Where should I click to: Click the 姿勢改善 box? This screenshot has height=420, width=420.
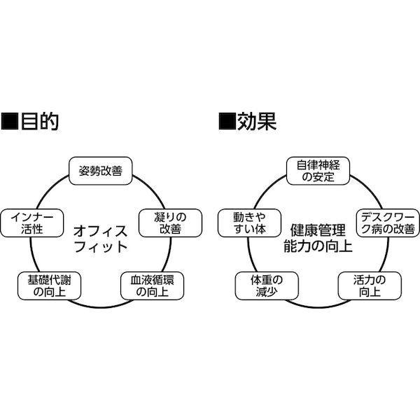[x=100, y=171]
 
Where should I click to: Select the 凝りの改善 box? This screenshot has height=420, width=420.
[x=170, y=223]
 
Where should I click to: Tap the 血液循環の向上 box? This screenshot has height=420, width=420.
[x=152, y=286]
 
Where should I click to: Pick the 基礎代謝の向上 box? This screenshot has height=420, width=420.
[x=49, y=286]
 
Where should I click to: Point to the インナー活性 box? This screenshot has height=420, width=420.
[x=32, y=223]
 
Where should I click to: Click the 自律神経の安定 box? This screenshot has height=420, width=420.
[x=318, y=171]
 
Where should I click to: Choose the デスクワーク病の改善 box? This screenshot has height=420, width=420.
[x=388, y=223]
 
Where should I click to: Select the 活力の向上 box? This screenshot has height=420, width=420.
[x=370, y=286]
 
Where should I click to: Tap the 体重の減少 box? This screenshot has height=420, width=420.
[x=267, y=286]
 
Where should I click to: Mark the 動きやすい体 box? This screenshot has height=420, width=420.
[x=250, y=223]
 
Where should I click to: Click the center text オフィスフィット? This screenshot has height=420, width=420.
[x=100, y=239]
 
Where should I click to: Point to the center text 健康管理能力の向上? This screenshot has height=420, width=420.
[x=318, y=239]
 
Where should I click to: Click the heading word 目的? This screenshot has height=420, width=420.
[x=40, y=122]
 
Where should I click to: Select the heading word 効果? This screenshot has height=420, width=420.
[x=257, y=122]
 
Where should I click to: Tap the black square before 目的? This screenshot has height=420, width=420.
[x=10, y=122]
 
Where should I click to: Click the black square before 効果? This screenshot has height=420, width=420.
[x=227, y=122]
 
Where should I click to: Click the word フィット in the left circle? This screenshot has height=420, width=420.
[x=100, y=246]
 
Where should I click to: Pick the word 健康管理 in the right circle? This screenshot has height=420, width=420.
[x=318, y=230]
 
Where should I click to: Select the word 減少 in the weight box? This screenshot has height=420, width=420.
[x=267, y=292]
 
